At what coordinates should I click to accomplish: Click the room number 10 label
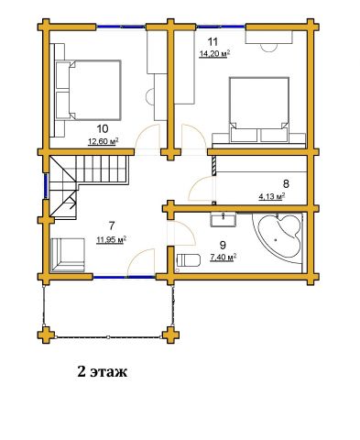click(x=103, y=129)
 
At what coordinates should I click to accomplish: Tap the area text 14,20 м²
click(x=214, y=54)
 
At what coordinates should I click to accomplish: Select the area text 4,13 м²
click(x=272, y=196)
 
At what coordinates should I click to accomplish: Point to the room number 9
click(x=223, y=245)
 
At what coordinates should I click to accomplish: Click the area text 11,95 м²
click(x=112, y=240)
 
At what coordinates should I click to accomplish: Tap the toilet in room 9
click(x=189, y=260)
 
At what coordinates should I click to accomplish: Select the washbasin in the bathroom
click(x=223, y=219)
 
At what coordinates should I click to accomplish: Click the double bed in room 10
click(x=89, y=90)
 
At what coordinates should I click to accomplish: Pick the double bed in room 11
click(x=259, y=110)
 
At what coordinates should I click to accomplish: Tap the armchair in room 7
click(x=68, y=255)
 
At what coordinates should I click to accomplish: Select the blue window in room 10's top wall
click(x=121, y=27)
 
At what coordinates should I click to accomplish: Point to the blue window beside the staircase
click(x=46, y=186)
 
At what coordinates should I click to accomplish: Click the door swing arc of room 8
click(x=199, y=189)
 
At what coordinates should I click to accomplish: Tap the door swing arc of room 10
click(x=147, y=137)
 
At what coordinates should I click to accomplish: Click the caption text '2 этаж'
click(x=103, y=372)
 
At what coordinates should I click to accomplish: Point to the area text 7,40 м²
click(x=224, y=258)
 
